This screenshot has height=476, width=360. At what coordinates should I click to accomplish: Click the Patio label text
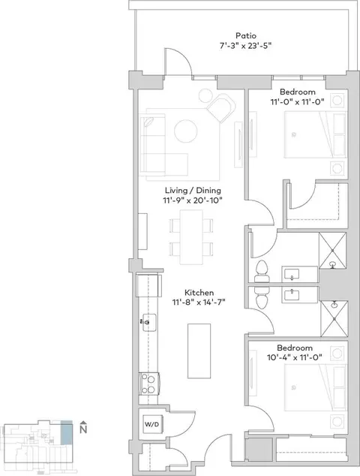[x=246, y=35]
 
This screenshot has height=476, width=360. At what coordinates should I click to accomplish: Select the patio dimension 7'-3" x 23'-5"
[x=245, y=46]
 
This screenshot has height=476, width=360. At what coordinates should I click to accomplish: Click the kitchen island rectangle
[x=199, y=351]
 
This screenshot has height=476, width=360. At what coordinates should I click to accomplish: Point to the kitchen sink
[x=148, y=322]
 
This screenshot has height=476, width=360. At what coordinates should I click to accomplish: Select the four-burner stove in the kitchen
[x=149, y=384]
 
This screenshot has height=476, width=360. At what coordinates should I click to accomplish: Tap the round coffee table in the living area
[x=186, y=131]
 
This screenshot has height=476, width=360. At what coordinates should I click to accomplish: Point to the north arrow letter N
[x=83, y=429]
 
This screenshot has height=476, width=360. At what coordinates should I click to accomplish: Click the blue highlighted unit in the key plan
[x=67, y=432]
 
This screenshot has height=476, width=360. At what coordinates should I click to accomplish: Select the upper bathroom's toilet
[x=262, y=272]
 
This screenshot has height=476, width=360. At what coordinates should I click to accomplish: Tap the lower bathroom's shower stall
[x=334, y=318]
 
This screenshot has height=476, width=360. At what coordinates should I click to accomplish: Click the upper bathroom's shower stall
[x=332, y=251]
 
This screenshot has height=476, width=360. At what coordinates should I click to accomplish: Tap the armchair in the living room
[x=221, y=108]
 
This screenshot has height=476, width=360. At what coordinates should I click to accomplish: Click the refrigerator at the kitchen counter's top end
[x=148, y=285]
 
